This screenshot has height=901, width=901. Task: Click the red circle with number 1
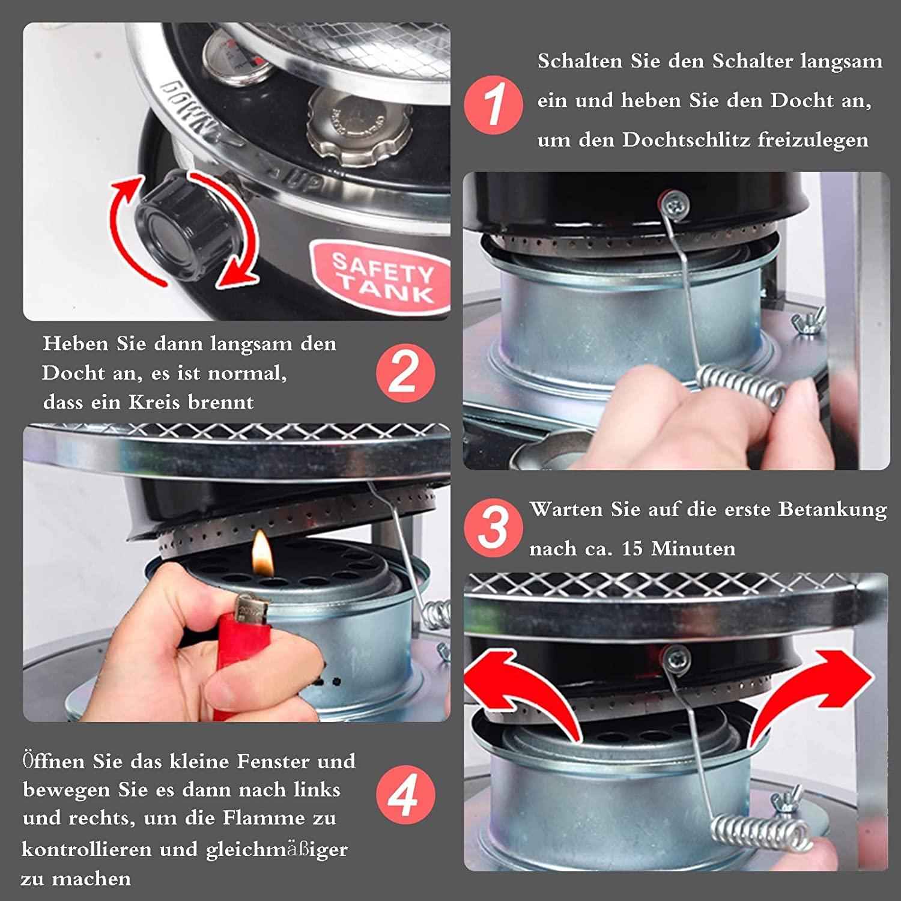[x=494, y=105]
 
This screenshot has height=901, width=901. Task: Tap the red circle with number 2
[x=405, y=373]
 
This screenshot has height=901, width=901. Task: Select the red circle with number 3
[x=494, y=527]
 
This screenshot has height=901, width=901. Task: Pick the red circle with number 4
[x=405, y=796]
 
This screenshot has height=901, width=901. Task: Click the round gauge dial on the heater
[x=236, y=56]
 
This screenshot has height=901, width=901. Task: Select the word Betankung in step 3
[x=833, y=509]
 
